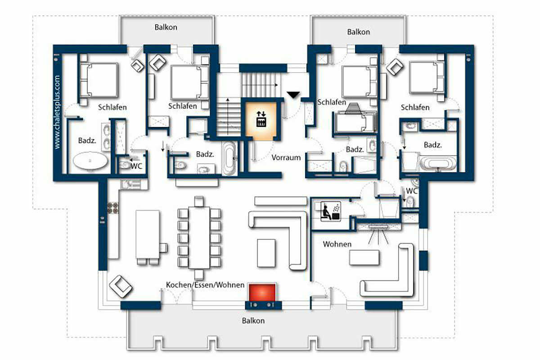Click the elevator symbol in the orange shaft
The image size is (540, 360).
[261, 119]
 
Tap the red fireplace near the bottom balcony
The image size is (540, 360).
[262, 292]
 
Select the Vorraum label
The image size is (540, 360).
[286, 157]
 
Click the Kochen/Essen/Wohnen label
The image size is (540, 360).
[205, 285]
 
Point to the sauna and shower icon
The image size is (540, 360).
[330, 211]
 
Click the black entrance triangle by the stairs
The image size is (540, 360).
[293, 95]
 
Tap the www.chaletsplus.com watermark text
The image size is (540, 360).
[57, 112]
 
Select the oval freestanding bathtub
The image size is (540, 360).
[90, 161]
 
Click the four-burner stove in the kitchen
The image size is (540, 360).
[113, 208]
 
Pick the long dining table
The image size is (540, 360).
[199, 238]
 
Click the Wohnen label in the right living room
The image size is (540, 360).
[337, 244]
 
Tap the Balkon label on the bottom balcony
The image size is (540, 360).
[253, 321]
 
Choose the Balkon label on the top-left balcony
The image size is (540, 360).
[166, 27]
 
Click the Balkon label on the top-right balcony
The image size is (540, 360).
[359, 32]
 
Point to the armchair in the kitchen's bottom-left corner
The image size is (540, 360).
[120, 287]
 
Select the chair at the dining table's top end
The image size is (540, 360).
[199, 201]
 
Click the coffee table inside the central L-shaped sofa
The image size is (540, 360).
[266, 253]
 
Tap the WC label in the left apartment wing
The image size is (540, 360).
[136, 166]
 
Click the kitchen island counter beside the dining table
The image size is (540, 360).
[147, 234]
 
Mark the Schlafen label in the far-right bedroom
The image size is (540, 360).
[415, 107]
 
